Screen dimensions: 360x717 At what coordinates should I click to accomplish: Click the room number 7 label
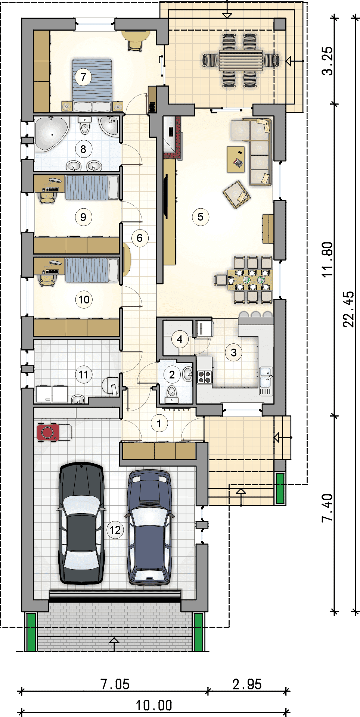click(x=83, y=77)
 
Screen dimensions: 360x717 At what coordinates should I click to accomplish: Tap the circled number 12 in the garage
click(x=115, y=530)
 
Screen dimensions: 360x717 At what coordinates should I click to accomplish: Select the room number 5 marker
click(x=201, y=216)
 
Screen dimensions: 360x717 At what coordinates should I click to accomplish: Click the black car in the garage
click(x=81, y=523)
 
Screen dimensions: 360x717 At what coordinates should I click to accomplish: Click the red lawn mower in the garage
click(x=48, y=432)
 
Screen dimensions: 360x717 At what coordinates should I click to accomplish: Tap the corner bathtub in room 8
click(x=51, y=134)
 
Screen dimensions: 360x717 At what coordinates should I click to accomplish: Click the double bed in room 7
click(x=92, y=85)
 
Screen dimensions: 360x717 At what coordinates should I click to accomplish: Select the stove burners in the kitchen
click(x=205, y=377)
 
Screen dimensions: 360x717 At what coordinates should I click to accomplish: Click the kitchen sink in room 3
click(x=266, y=377)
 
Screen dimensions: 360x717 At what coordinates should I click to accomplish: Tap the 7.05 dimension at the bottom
click(x=115, y=684)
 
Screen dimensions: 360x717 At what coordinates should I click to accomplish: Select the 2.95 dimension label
click(x=247, y=684)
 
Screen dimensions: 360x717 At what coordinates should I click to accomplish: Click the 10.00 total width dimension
click(x=154, y=705)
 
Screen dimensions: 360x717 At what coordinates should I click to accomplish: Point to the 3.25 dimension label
click(x=327, y=61)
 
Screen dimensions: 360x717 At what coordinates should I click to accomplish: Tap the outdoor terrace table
click(x=240, y=60)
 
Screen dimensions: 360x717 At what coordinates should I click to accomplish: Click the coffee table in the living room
click(x=236, y=159)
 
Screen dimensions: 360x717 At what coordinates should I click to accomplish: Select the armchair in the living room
click(x=236, y=194)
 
